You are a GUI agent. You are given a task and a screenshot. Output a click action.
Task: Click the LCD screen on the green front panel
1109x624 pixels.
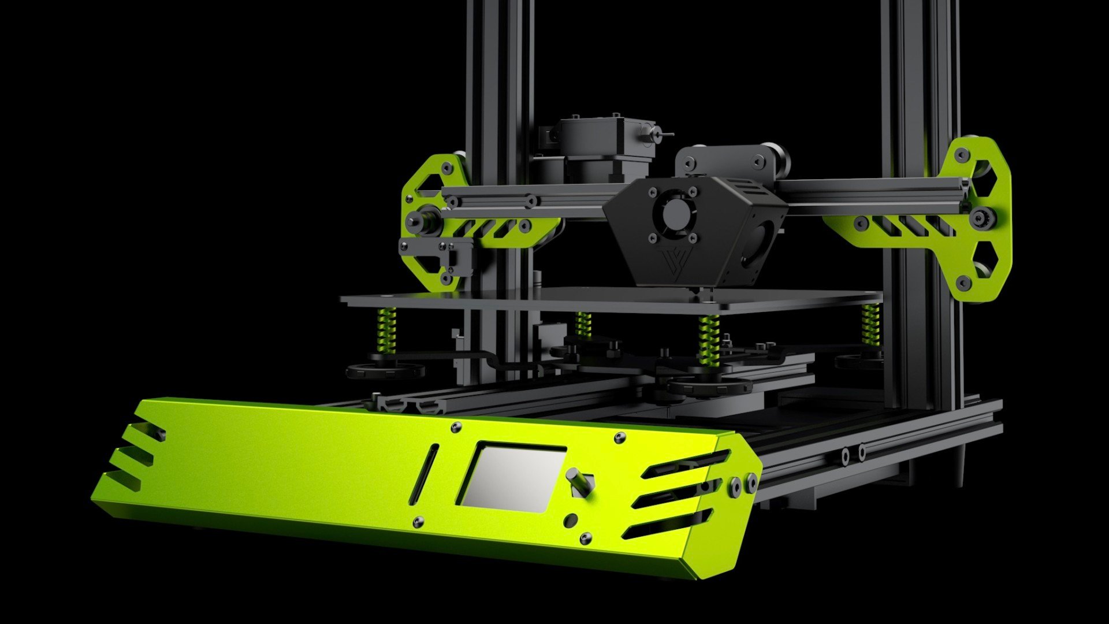point(512,477)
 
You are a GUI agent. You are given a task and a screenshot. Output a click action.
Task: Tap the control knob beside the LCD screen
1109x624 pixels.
point(580,481)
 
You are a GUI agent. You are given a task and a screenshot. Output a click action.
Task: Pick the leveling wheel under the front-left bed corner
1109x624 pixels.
point(385,370)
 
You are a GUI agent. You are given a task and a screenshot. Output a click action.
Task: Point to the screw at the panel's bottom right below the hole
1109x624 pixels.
point(586,539)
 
